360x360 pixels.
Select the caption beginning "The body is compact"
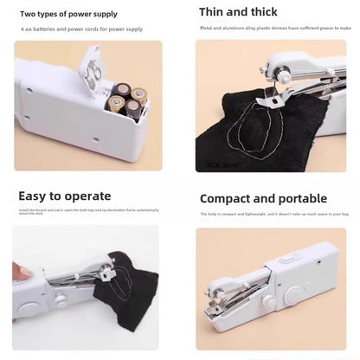(273, 214)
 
